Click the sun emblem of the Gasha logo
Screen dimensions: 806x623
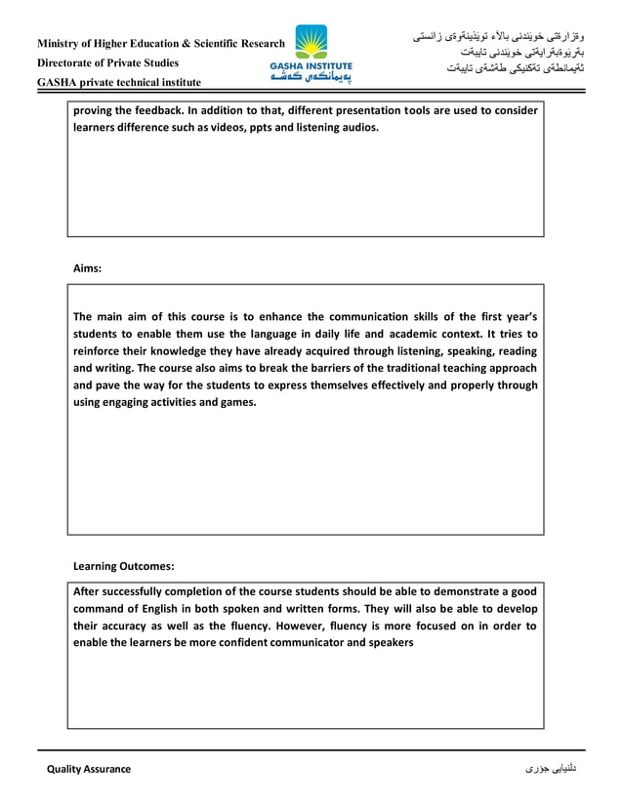point(311,42)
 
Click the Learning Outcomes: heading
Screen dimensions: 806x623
point(124,566)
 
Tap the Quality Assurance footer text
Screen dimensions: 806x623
point(89,769)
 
